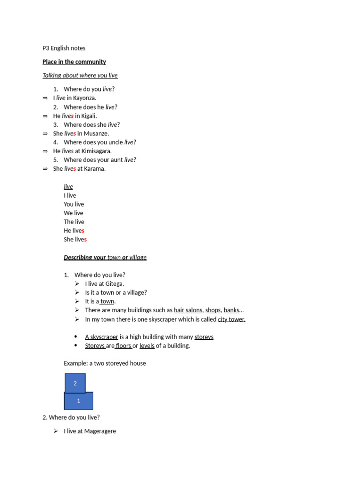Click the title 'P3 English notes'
tap(64, 48)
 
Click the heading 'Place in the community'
tap(74, 62)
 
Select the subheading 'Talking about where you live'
tap(80, 75)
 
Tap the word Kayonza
tap(84, 98)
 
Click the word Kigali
tap(89, 116)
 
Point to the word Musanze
tap(96, 133)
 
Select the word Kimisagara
tap(97, 151)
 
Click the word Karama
tap(94, 169)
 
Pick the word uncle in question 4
tap(115, 142)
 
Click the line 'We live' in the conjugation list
tap(74, 213)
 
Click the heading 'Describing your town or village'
tap(105, 258)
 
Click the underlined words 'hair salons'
tap(188, 310)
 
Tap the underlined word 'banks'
tap(231, 310)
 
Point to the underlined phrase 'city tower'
tap(231, 319)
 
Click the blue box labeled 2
tap(75, 383)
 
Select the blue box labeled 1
tap(79, 401)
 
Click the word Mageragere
tap(100, 431)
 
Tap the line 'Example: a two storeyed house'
tap(105, 363)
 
